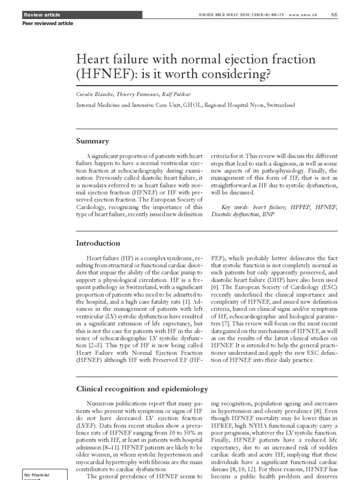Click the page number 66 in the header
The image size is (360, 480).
point(334,15)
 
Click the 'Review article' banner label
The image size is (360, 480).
point(39,15)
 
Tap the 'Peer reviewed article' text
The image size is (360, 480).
point(48,23)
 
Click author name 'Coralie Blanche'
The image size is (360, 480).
point(96,94)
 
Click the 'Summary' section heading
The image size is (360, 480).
point(92,141)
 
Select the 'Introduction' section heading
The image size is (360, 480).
point(98,243)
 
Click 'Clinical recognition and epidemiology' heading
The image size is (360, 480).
point(142,389)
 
